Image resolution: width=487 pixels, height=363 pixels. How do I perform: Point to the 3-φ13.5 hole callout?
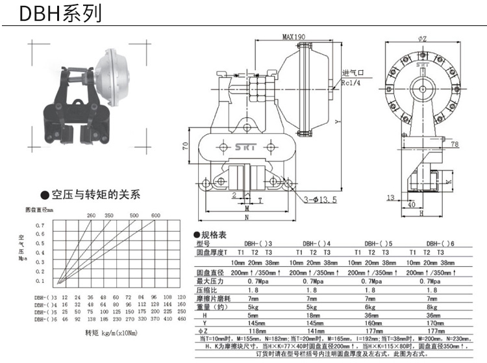pyautogui.click(x=318, y=200)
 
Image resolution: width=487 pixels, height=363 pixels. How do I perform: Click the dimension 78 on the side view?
pyautogui.click(x=454, y=144)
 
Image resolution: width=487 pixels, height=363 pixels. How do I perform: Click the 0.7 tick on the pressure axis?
pyautogui.click(x=40, y=224)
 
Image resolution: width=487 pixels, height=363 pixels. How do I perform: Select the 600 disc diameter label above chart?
pyautogui.click(x=156, y=215)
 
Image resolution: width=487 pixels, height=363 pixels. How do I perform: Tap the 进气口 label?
pyautogui.click(x=354, y=74)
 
